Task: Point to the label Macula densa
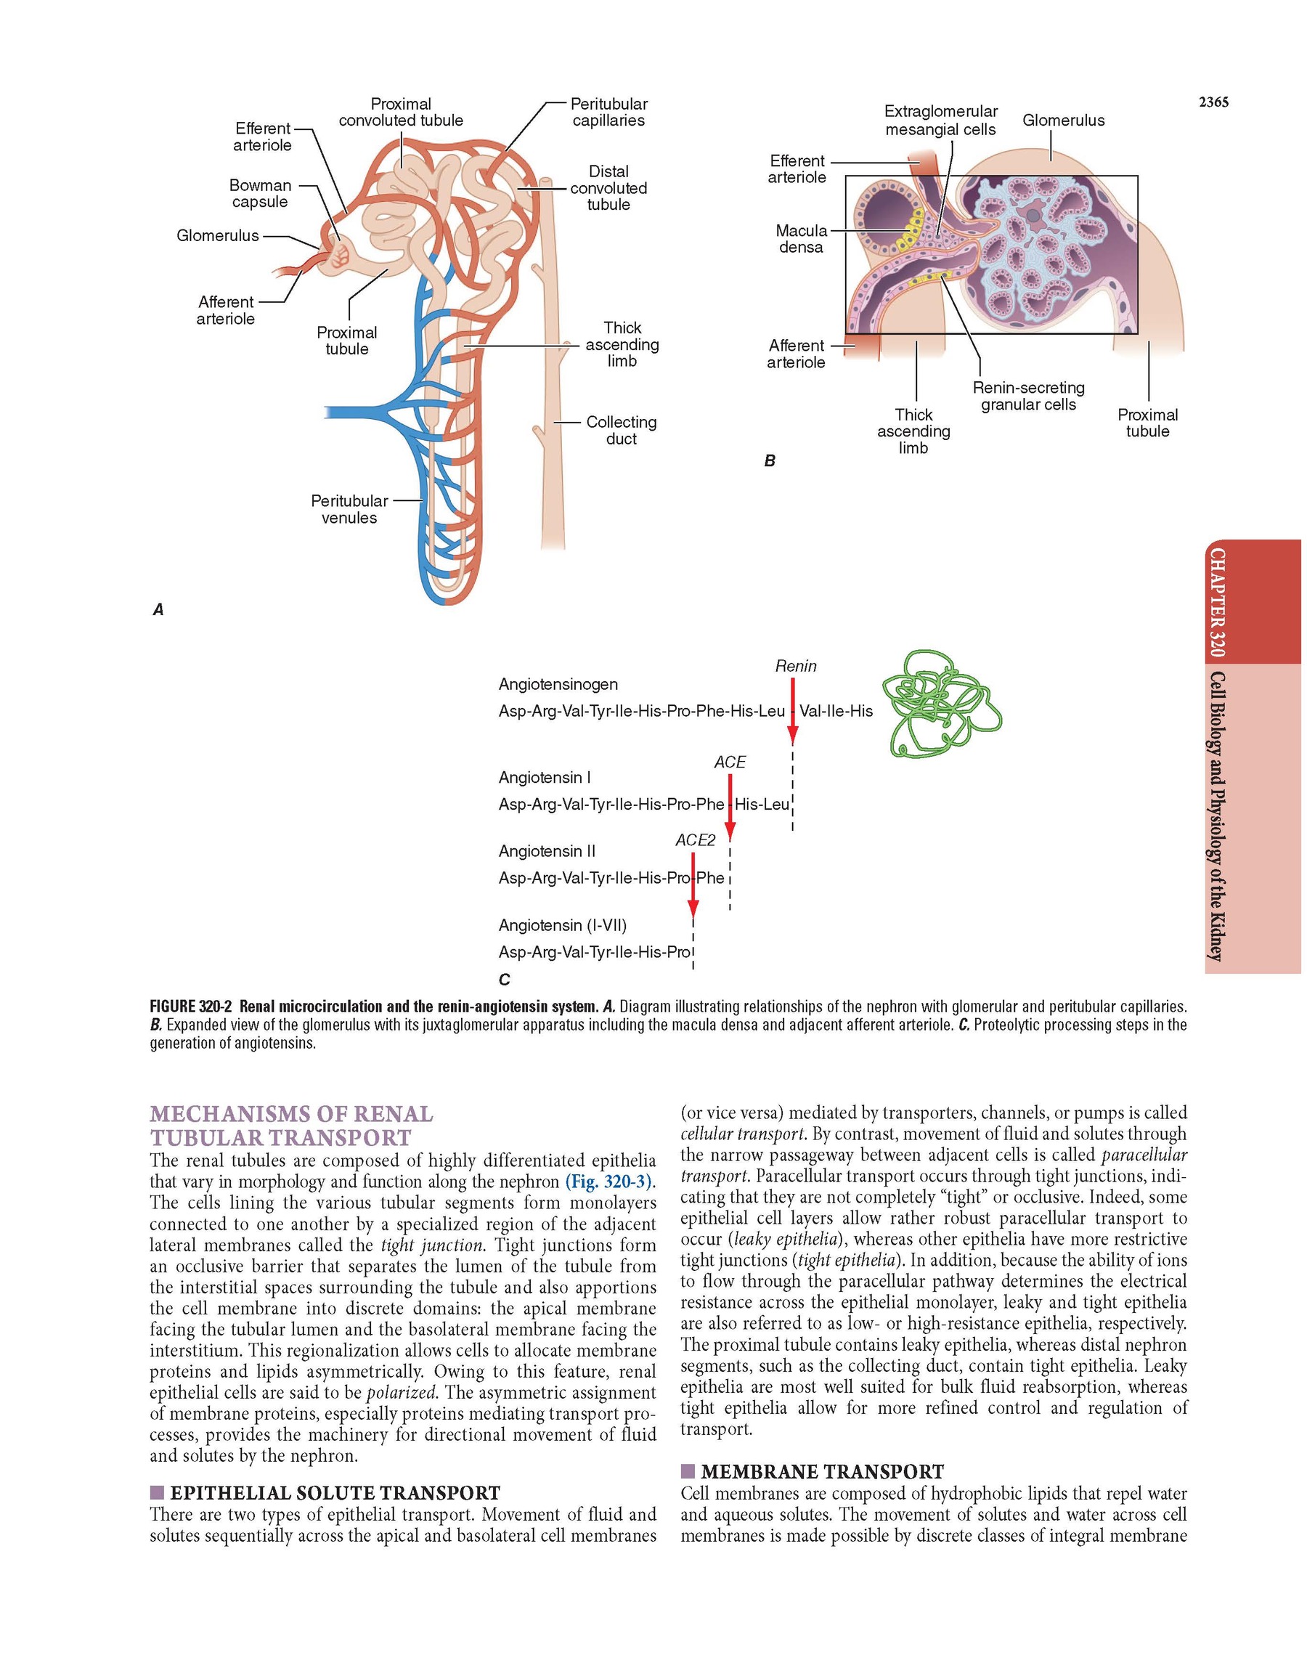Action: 801,239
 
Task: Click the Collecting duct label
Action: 622,430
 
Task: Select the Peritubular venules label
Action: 349,509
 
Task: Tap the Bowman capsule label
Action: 260,194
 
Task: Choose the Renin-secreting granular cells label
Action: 1028,397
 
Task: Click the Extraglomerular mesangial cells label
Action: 940,121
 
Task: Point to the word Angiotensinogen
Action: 558,684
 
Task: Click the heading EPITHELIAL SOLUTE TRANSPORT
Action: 335,1493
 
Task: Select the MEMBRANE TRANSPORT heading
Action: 822,1471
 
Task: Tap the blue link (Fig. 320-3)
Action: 608,1182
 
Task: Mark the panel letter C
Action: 503,980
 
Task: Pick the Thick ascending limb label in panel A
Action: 622,344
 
